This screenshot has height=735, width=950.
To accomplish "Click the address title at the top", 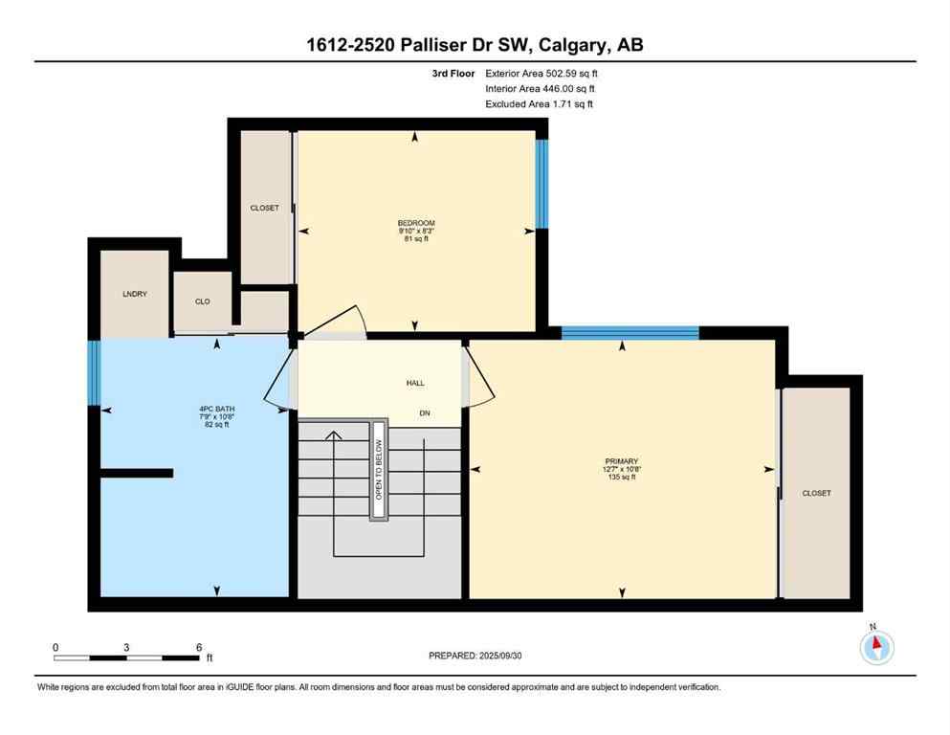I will click(x=475, y=45).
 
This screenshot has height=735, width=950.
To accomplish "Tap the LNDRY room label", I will click(x=135, y=294).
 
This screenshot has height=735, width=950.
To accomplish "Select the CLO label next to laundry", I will click(x=202, y=301).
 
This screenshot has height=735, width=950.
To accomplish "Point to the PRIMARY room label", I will click(x=622, y=461).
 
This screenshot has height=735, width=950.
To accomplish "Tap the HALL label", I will click(x=415, y=383).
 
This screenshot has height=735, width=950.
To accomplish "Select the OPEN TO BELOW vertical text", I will click(x=379, y=470).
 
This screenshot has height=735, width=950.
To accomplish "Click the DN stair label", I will click(x=426, y=413).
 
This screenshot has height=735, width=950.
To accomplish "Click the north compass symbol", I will click(x=876, y=647).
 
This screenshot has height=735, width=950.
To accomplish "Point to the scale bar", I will click(x=126, y=658).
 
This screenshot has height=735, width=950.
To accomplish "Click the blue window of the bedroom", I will click(x=541, y=185).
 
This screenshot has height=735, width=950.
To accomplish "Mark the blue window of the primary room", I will click(x=630, y=333).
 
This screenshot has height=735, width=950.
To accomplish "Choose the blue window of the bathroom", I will click(x=94, y=372).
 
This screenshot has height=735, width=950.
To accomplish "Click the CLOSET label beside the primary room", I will click(x=816, y=493).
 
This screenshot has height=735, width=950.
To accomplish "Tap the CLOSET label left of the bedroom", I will click(x=264, y=208).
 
